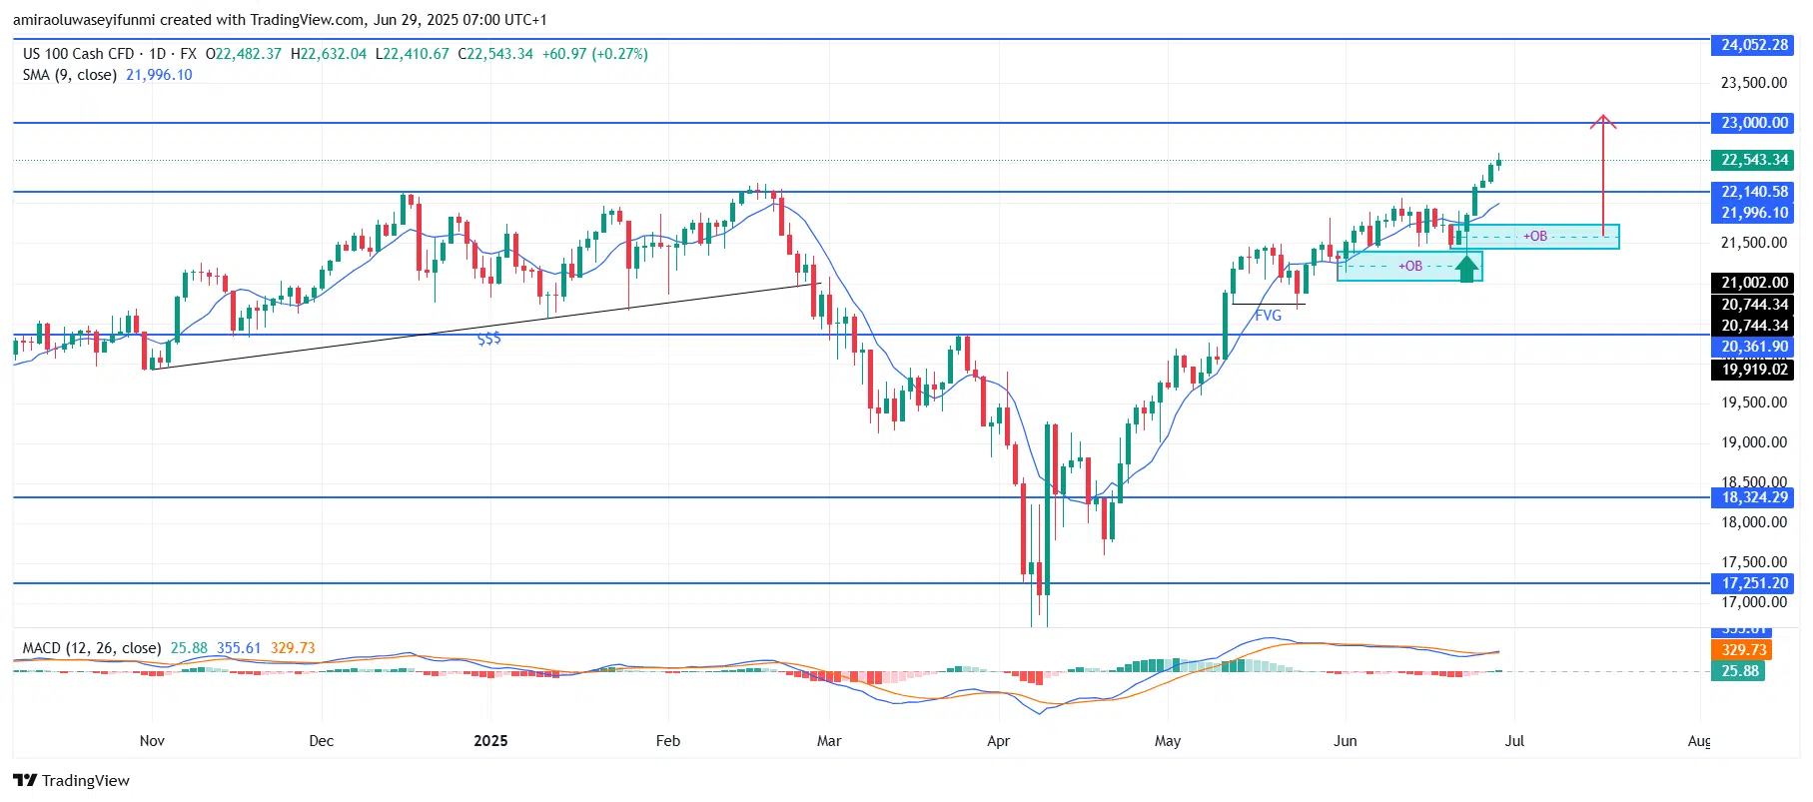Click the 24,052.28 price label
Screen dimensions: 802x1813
pos(1754,45)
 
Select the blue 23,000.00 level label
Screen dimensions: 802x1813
pos(1754,123)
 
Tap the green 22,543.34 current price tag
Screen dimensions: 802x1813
pos(1754,160)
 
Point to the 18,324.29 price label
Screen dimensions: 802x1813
pos(1754,497)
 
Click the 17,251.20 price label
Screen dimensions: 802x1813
pos(1754,583)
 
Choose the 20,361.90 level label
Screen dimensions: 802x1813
pos(1754,348)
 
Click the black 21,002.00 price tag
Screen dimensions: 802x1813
pos(1754,283)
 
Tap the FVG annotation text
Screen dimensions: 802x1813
pos(1268,316)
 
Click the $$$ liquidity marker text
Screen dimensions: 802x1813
pos(489,340)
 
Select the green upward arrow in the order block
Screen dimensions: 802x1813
pos(1465,268)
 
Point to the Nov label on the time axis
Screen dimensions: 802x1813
pos(152,741)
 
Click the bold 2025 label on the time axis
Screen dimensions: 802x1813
pos(490,741)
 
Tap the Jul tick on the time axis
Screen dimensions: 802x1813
pos(1514,741)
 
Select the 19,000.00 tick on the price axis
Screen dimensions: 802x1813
pos(1753,442)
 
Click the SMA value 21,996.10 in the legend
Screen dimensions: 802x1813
pos(159,75)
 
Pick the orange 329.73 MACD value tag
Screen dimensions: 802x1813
pos(1743,650)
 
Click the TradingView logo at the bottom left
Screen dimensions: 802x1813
pos(72,781)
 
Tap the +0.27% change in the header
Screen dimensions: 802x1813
pos(619,54)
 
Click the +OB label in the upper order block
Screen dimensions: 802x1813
pos(1535,237)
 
